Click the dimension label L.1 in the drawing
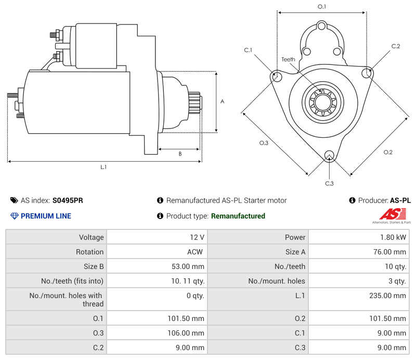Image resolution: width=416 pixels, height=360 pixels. tap(103, 167)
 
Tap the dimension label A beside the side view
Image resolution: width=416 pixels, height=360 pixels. tap(222, 101)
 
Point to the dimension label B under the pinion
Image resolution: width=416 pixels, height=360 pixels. tap(180, 154)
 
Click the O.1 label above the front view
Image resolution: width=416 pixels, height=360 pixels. tap(322, 7)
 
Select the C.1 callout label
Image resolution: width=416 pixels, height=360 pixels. tap(248, 50)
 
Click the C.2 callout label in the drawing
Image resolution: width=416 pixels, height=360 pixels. tap(396, 46)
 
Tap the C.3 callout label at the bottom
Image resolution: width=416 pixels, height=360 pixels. tap(329, 183)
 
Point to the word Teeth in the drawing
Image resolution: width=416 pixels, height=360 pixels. tap(288, 59)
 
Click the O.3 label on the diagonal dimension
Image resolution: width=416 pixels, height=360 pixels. tap(264, 143)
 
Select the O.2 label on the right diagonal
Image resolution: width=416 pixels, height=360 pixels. tap(388, 152)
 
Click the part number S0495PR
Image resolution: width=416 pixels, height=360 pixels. tap(68, 200)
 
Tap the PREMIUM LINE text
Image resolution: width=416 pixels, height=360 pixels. tap(46, 216)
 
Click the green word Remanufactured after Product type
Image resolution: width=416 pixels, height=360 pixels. tap(238, 216)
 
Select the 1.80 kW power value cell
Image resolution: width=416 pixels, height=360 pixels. tap(394, 237)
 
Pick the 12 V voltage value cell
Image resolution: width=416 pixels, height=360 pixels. tap(197, 237)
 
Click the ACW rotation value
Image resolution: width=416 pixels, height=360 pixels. tap(196, 252)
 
